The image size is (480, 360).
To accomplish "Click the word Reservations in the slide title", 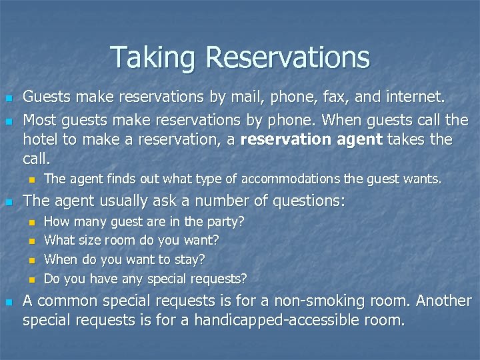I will point(288,58).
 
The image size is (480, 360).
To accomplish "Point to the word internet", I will point(411,97).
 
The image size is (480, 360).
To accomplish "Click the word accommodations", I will point(289,179).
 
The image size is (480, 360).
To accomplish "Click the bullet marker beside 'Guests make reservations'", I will point(9,98).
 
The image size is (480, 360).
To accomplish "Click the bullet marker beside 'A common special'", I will point(9,301).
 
